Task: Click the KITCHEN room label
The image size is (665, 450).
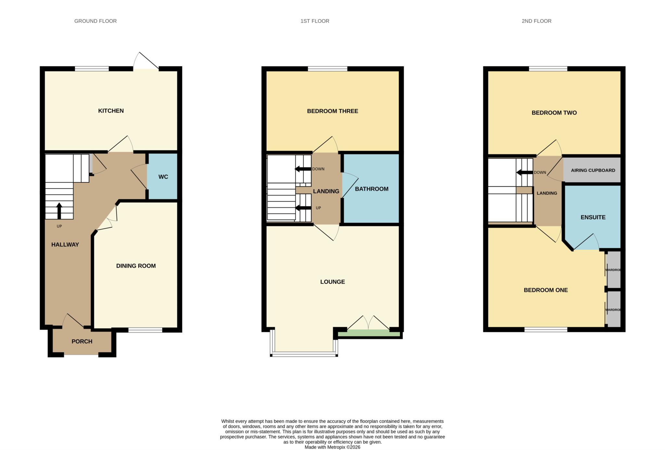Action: (111, 111)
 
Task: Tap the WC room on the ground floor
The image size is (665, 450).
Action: (163, 177)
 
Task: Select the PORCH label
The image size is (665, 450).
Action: (82, 341)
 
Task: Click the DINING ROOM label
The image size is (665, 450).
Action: (136, 266)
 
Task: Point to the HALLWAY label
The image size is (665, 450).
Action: (65, 245)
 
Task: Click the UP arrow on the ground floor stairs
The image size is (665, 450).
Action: (59, 211)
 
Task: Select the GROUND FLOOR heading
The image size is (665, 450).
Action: (95, 21)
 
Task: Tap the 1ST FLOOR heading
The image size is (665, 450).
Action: (315, 21)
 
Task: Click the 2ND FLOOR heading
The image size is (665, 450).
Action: (536, 21)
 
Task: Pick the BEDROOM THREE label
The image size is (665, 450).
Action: (332, 111)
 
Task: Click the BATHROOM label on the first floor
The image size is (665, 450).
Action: (371, 189)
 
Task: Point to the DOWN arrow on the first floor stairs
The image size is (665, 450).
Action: (302, 169)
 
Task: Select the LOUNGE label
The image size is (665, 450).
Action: (332, 282)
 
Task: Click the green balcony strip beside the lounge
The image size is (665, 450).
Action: (369, 334)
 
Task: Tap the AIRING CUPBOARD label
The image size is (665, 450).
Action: (593, 170)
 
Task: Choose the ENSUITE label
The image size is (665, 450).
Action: (593, 217)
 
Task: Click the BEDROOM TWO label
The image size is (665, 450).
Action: (554, 113)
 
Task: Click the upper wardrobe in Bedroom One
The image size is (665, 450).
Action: (613, 270)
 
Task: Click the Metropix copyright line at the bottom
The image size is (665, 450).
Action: (332, 447)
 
